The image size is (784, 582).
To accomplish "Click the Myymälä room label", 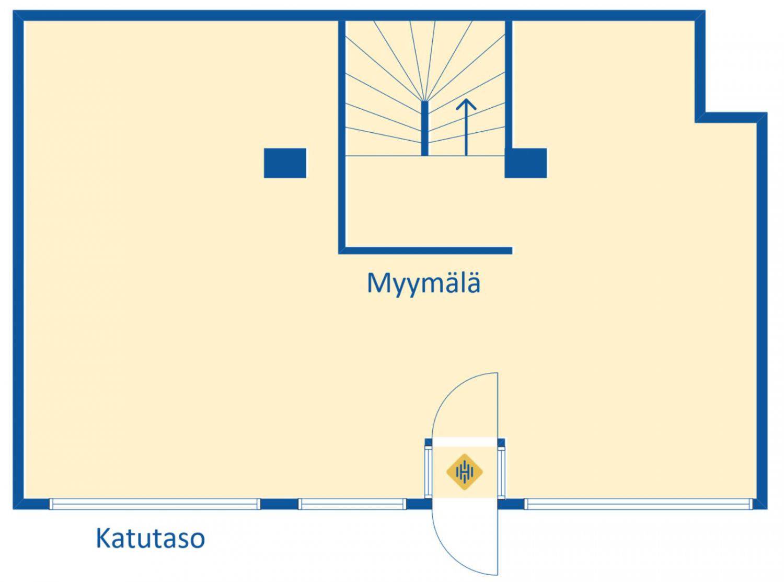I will (x=423, y=283).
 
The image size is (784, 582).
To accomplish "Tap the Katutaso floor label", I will (x=150, y=538).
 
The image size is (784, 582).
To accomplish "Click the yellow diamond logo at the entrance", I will (x=464, y=472).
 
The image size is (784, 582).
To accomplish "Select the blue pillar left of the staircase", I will (x=285, y=163).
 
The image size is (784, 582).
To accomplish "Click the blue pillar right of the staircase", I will (x=526, y=163).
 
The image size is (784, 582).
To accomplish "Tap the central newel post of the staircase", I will (x=425, y=129).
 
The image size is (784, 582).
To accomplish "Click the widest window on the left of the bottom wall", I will (x=155, y=504).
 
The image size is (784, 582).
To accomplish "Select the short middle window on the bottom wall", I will (x=352, y=504).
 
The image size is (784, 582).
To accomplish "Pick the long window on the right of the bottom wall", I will (x=639, y=504).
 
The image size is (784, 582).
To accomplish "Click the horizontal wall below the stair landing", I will (x=425, y=250).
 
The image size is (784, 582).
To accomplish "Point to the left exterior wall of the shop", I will (x=18, y=261).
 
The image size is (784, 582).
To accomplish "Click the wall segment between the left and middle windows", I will (x=279, y=504).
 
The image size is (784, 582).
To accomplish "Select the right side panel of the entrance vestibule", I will (x=502, y=471).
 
